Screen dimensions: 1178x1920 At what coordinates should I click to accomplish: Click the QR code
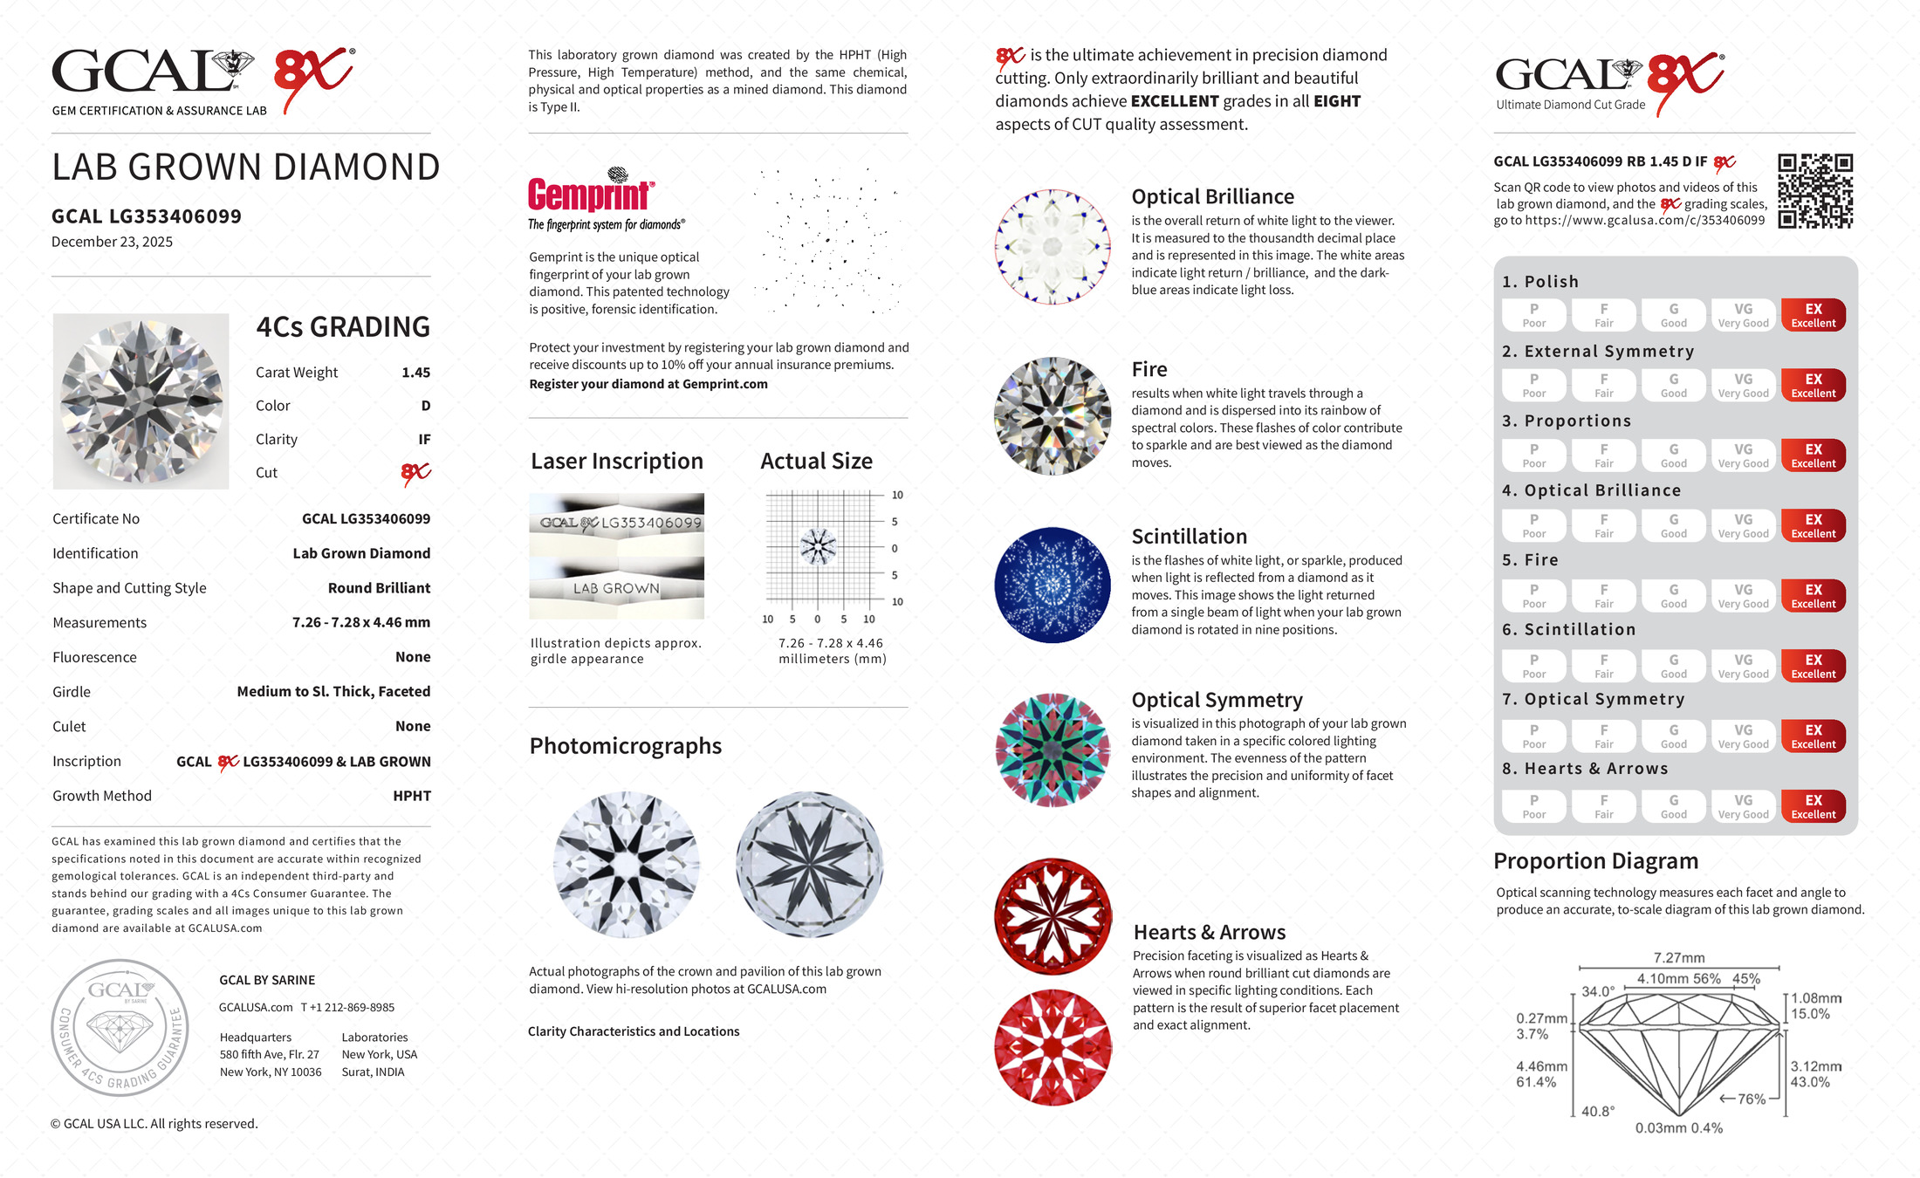[x=1815, y=191]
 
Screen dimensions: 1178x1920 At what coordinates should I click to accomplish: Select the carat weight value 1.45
[x=415, y=373]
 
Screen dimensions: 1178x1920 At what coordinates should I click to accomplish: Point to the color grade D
[x=425, y=406]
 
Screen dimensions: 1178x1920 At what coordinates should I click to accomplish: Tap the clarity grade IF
[x=424, y=440]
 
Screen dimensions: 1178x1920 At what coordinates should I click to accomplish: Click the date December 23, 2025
[x=112, y=242]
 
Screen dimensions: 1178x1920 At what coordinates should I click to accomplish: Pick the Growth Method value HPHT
[x=412, y=796]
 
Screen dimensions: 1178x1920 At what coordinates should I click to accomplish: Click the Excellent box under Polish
[x=1813, y=315]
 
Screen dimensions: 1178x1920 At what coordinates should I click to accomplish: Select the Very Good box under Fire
[x=1743, y=596]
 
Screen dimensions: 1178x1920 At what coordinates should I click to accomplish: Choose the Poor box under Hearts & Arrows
[x=1533, y=806]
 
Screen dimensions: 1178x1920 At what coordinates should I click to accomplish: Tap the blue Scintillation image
[x=1053, y=585]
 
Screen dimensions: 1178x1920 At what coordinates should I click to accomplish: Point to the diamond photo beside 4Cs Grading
[x=141, y=401]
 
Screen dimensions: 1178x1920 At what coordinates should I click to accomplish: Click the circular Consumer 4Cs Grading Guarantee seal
[x=120, y=1028]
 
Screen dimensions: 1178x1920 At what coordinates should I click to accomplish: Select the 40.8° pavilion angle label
[x=1597, y=1112]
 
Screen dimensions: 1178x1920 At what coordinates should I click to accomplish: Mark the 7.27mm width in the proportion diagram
[x=1678, y=958]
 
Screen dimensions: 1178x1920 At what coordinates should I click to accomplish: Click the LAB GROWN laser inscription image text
[x=616, y=589]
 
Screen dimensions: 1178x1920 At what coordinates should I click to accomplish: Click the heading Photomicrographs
[x=625, y=746]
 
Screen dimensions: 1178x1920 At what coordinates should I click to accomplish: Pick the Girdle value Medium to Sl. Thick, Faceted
[x=333, y=692]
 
